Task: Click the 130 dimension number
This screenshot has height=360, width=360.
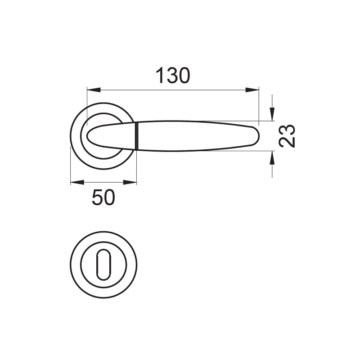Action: [x=173, y=75]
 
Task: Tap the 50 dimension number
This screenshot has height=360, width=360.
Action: [x=103, y=198]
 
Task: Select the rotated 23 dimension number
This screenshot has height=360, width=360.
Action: [x=287, y=136]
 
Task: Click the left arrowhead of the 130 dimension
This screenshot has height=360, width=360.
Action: [x=94, y=90]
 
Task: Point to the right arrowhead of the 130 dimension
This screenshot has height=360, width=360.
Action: [x=252, y=90]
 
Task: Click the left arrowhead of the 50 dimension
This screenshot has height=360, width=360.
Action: [x=77, y=182]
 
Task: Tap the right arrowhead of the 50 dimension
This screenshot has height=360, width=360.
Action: [x=130, y=182]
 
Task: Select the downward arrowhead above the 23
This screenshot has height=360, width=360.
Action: [x=272, y=114]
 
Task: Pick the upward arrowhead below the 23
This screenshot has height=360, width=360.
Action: [x=272, y=158]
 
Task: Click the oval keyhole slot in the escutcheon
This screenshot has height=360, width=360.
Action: [x=103, y=265]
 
